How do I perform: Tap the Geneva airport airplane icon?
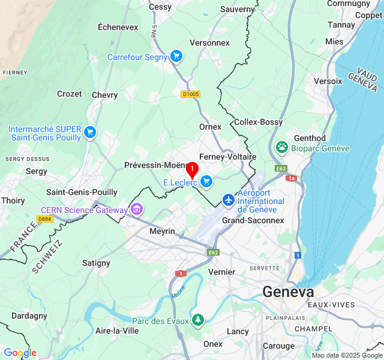(229, 200)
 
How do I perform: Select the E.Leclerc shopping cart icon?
(206, 181)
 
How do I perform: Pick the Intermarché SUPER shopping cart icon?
(90, 132)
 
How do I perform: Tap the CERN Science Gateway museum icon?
(137, 209)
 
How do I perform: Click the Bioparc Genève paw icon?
(282, 147)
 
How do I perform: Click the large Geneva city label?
(288, 292)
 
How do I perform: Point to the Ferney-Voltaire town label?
(227, 157)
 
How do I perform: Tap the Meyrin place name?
(162, 231)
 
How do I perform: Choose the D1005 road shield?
(191, 94)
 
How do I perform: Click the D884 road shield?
(44, 219)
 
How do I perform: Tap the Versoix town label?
(328, 81)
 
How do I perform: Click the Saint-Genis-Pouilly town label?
(82, 192)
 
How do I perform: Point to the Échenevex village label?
(118, 27)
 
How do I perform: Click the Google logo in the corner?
(20, 353)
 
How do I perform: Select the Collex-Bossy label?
(258, 122)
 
